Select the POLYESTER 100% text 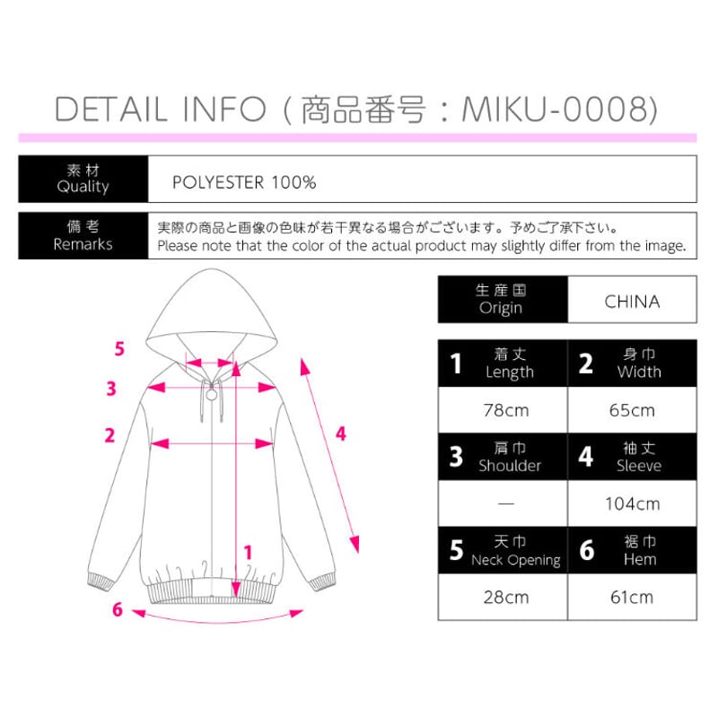click(244, 183)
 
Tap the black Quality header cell click(83, 179)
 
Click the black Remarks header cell click(83, 236)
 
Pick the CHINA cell click(632, 301)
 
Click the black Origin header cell click(503, 300)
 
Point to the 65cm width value click(632, 411)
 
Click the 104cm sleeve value click(632, 503)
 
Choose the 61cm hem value click(632, 597)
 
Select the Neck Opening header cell click(503, 551)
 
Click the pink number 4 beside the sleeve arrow click(340, 433)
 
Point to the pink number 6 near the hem click(117, 609)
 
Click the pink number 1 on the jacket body click(248, 553)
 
